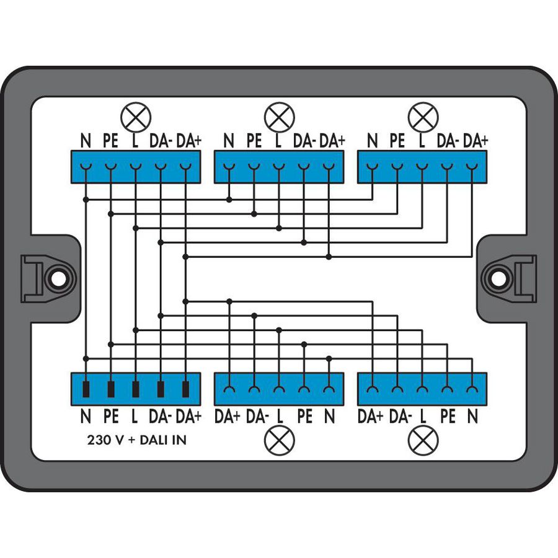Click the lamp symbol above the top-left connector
coord(136,117)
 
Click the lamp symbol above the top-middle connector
coord(280,117)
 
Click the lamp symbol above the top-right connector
coord(423,117)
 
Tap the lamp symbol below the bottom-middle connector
coord(280,440)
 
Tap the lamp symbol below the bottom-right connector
coord(423,440)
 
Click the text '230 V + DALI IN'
coord(136,440)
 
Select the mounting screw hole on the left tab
coord(59,280)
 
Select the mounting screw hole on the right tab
coord(498,280)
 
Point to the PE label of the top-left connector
coord(111,141)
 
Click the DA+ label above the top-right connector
coord(476,141)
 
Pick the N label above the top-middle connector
coord(229,141)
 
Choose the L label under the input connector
coord(135,416)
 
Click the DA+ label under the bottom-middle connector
coord(228,416)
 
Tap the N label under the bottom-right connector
coord(472,416)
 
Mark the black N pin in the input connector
coord(86,389)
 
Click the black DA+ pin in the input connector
coord(185,389)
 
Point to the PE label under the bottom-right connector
coord(448,416)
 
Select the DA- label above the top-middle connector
coord(304,141)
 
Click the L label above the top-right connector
coord(422,141)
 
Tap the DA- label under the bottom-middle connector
coord(257,416)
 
